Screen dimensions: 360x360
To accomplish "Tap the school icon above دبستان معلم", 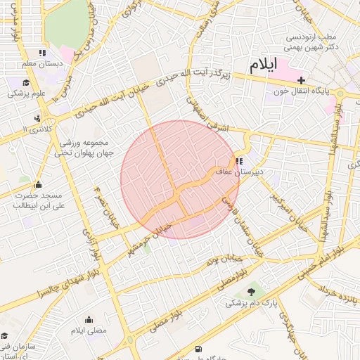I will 42,53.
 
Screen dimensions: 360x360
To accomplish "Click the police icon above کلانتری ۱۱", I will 36,118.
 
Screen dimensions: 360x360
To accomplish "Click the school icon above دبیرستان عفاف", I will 241,160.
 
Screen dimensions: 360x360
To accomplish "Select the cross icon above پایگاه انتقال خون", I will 302,80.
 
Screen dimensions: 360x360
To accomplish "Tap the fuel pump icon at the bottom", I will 198,349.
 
